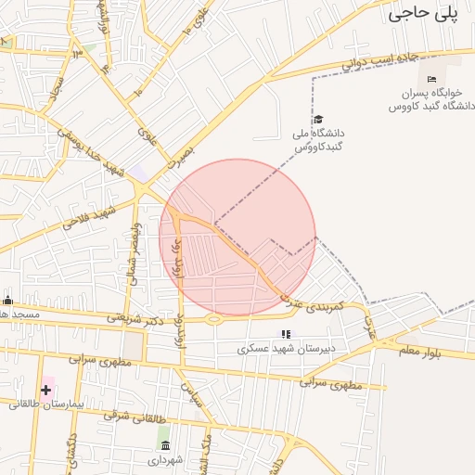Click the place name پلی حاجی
point(424,13)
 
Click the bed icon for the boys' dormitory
point(430,80)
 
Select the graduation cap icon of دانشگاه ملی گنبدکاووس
point(318,119)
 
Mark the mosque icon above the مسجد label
point(8,300)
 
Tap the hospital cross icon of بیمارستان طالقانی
point(45,389)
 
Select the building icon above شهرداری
point(165,445)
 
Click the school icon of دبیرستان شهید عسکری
point(286,334)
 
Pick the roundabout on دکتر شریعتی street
point(213,320)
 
